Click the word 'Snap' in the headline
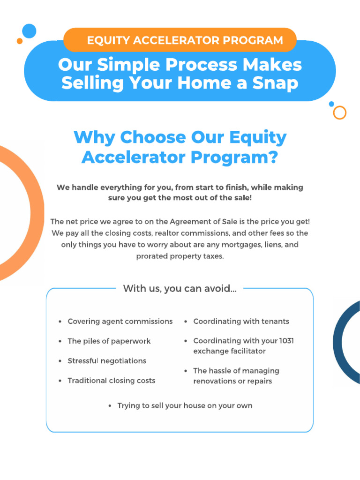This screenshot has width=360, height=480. tap(275, 83)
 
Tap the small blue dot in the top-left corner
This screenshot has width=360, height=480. tap(29, 31)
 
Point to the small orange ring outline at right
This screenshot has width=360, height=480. tap(339, 112)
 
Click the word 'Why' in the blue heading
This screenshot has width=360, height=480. tap(94, 137)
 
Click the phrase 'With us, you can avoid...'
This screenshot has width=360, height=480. tap(180, 289)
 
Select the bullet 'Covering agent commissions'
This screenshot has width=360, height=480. tap(120, 322)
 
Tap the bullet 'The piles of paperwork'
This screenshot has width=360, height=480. tap(109, 341)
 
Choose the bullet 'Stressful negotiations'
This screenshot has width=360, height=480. tap(107, 361)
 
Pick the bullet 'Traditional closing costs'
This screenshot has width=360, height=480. tap(111, 381)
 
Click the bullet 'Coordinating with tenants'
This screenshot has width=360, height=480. tap(241, 322)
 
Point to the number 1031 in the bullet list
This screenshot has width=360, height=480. tap(286, 341)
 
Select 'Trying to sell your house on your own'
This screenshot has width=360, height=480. tap(185, 406)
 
